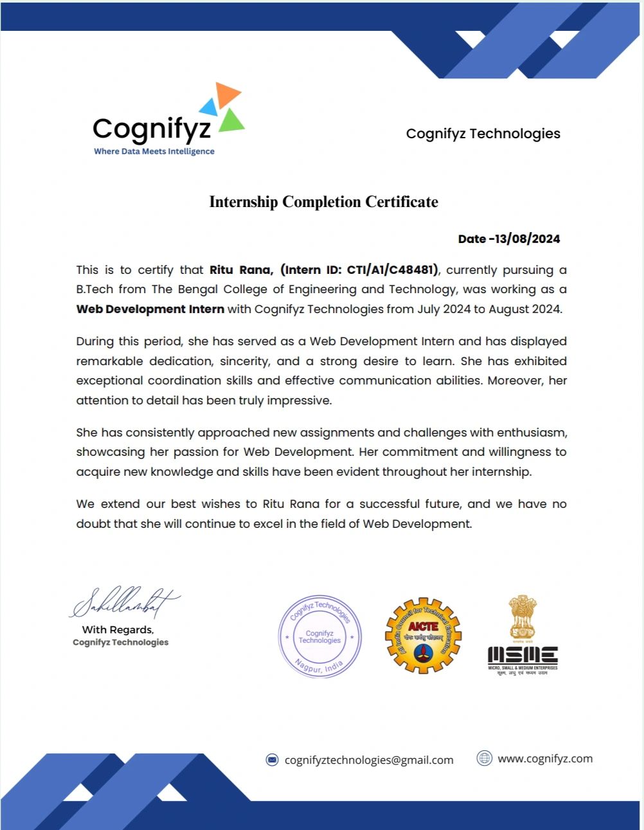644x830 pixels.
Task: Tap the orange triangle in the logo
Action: [227, 94]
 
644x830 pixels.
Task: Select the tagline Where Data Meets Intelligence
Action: [154, 152]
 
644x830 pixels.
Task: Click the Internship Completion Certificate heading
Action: [323, 202]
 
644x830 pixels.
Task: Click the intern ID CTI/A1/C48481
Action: [391, 270]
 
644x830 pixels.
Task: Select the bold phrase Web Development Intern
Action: [150, 309]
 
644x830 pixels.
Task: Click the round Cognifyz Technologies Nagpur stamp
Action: [319, 636]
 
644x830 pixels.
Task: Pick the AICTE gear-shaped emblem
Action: [423, 636]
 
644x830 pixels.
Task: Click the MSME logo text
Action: [523, 655]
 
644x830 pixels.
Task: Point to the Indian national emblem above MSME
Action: [523, 617]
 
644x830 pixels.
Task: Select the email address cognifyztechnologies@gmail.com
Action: [369, 760]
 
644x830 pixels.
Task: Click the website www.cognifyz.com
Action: [545, 759]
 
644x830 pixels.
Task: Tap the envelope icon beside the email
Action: [273, 760]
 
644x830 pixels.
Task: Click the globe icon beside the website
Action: [484, 759]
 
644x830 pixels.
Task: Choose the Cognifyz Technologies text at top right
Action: [483, 134]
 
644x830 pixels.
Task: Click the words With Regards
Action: [118, 630]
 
